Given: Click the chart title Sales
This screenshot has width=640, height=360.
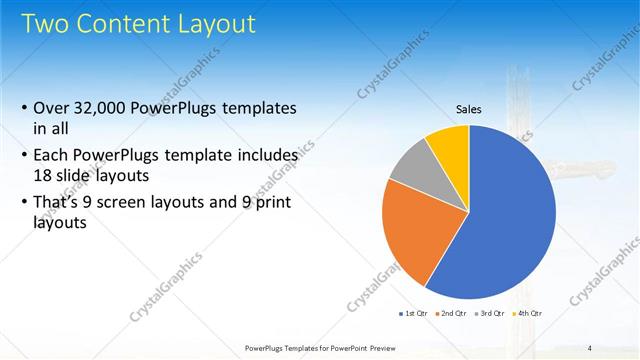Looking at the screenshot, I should click(469, 108).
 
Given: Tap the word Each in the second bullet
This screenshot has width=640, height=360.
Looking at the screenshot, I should click(52, 156).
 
